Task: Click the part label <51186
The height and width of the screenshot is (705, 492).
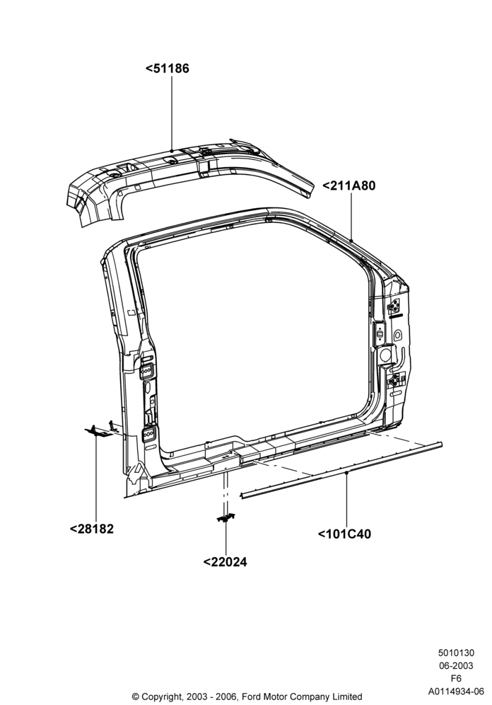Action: tap(167, 69)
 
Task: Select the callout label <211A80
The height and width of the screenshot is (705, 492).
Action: tap(348, 185)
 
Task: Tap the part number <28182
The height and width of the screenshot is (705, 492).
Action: tap(92, 529)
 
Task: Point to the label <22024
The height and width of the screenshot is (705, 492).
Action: tap(225, 562)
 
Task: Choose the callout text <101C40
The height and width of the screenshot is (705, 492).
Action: tap(344, 534)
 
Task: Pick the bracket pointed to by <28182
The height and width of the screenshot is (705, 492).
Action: tap(99, 432)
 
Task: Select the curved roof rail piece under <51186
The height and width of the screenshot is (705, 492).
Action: tap(189, 180)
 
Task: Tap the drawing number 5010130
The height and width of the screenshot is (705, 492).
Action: tap(456, 653)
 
